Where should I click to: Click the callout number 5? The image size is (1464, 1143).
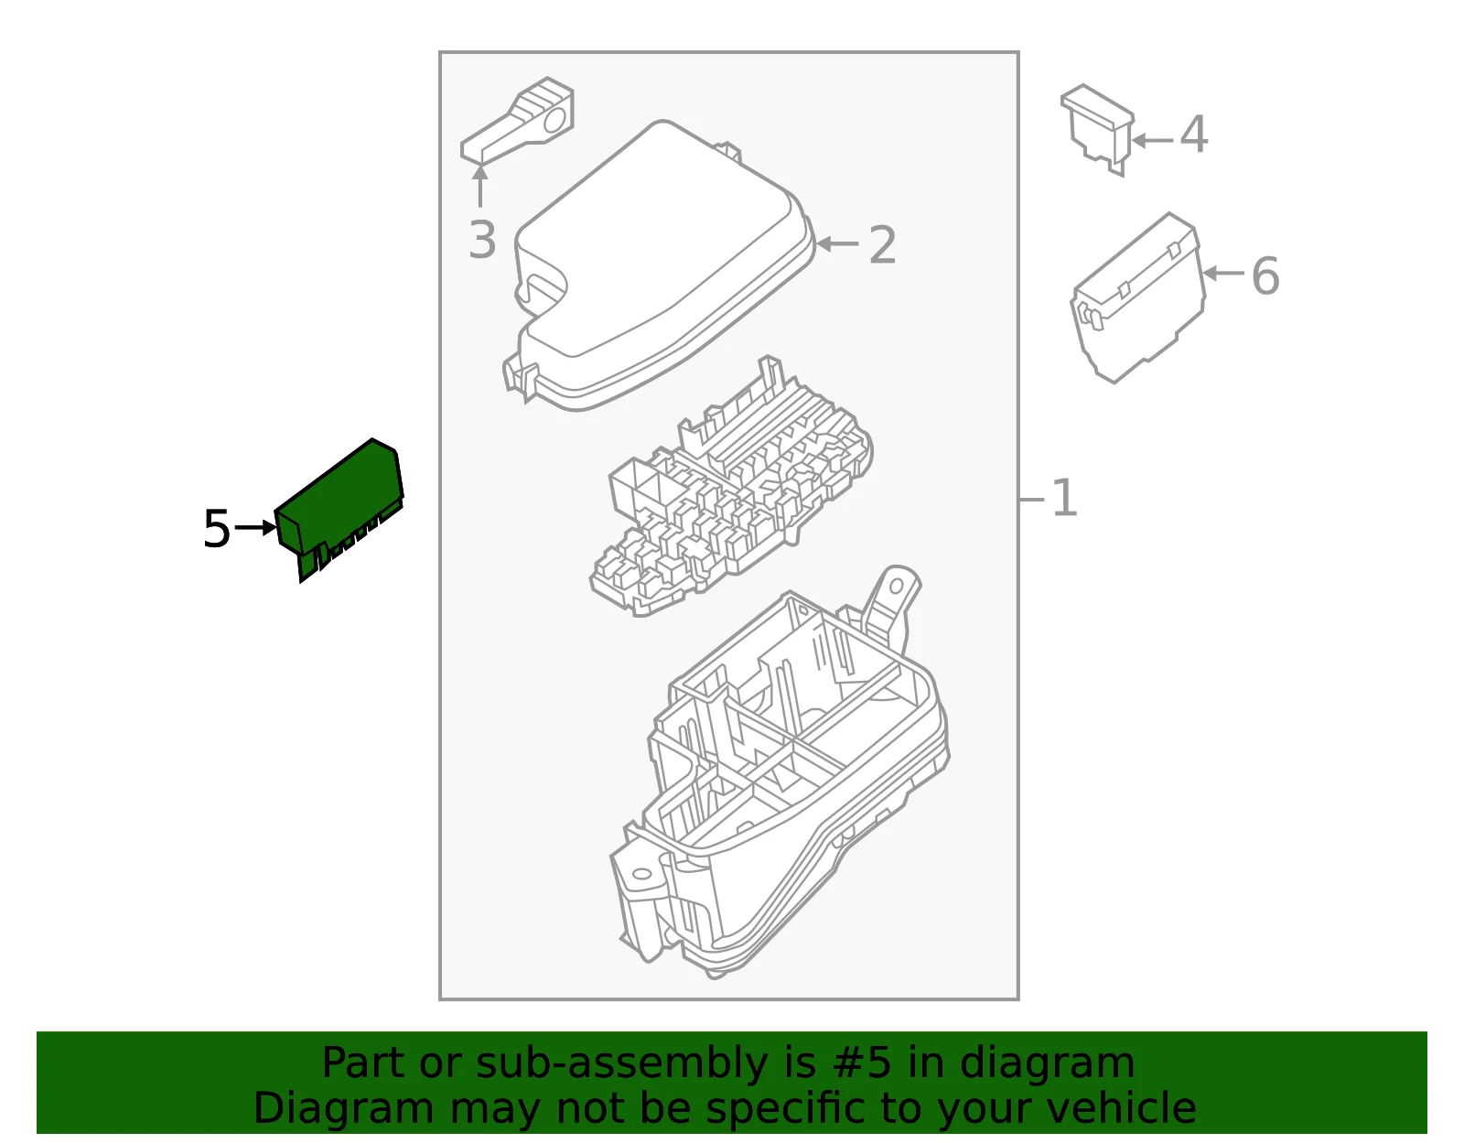point(216,529)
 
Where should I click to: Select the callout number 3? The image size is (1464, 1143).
point(482,240)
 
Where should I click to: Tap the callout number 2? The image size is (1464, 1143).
point(883,245)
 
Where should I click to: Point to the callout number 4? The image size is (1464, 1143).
point(1194,135)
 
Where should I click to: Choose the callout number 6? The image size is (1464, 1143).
point(1265,276)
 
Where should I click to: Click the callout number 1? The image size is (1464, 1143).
point(1064,499)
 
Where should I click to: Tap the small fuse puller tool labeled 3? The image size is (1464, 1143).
point(517,120)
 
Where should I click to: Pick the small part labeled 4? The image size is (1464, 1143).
point(1098,128)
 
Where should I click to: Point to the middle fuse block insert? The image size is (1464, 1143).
point(731,489)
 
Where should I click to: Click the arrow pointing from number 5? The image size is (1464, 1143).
point(255,527)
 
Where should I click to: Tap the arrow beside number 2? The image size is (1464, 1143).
point(837,243)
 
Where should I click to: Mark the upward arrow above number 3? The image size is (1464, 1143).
point(479,186)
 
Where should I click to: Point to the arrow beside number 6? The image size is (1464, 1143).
point(1223,274)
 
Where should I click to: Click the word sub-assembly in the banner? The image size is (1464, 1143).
point(622,1062)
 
